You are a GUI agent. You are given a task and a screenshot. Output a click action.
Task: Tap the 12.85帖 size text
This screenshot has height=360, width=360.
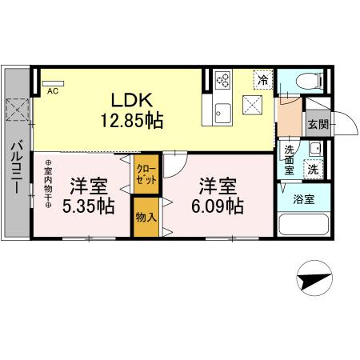132,122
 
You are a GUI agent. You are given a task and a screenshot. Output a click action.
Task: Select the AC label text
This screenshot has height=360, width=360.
52,91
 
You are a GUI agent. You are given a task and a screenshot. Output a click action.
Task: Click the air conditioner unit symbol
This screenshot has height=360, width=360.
51,82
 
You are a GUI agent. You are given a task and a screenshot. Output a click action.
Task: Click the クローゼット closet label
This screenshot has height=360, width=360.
146,174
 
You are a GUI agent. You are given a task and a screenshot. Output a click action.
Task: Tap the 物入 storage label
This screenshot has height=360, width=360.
145,217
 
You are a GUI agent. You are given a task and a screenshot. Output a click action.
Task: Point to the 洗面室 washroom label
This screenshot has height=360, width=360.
289,160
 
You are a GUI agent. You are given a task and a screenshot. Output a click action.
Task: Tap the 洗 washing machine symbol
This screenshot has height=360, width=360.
314,169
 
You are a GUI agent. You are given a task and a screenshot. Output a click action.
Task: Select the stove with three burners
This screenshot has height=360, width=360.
223,80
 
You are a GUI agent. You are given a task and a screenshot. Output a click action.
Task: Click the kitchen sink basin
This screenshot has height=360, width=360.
222,111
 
